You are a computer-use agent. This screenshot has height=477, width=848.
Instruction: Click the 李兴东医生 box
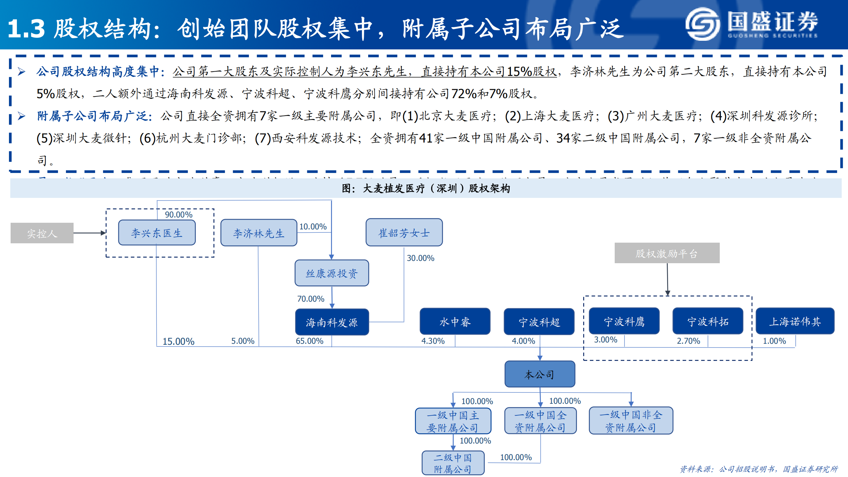[x=157, y=233]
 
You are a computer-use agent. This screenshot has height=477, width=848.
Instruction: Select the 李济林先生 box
[x=258, y=233]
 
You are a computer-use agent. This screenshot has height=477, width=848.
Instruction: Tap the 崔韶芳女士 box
[x=404, y=233]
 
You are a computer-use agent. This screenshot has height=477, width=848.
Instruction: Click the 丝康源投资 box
[x=332, y=273]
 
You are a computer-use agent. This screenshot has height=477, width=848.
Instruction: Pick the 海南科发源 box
[x=332, y=322]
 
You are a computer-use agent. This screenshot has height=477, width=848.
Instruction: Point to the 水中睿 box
[x=455, y=322]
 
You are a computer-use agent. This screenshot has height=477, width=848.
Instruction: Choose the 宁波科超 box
[x=539, y=322]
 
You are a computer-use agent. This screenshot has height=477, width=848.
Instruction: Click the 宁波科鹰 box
[x=624, y=321]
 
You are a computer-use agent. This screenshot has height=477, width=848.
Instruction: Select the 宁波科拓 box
[x=707, y=321]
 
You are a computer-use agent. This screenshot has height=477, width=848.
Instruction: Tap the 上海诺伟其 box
[x=795, y=321]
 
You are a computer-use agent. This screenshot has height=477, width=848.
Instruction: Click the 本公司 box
[x=539, y=374]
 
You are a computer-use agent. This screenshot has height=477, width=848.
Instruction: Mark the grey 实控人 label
[x=42, y=233]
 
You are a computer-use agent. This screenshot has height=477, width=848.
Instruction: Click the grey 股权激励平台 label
[x=667, y=253]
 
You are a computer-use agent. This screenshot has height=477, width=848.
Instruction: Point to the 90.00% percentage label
[x=179, y=214]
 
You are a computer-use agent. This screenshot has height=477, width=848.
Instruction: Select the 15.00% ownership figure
[x=178, y=341]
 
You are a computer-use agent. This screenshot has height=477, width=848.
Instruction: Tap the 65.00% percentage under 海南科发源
[x=310, y=341]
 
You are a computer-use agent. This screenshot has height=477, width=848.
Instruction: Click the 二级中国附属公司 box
[x=453, y=463]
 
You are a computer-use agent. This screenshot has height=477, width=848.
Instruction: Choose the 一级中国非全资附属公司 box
[x=631, y=421]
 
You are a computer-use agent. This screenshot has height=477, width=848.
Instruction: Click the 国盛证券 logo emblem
[x=702, y=24]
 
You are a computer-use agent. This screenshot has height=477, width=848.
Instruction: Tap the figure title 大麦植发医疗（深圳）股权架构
[x=426, y=189]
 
